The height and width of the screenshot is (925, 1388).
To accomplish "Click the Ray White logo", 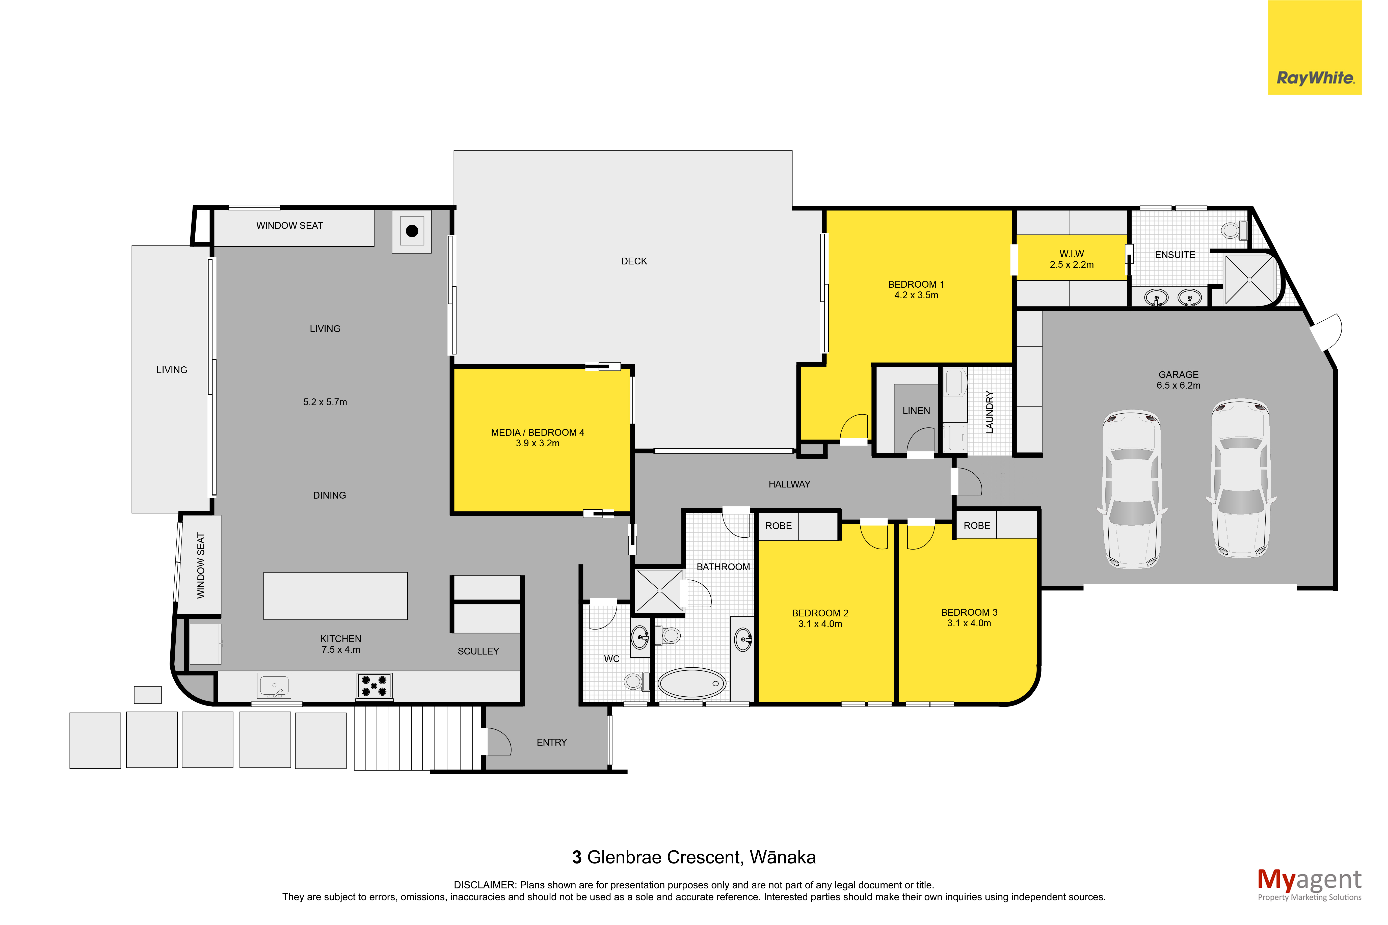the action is click(1314, 47).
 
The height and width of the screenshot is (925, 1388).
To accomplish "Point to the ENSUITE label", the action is click(1175, 255).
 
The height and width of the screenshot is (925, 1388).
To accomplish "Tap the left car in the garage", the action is click(1131, 489).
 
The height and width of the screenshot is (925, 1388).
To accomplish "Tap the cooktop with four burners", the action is click(374, 686).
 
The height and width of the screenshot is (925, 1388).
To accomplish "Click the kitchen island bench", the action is click(335, 596).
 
